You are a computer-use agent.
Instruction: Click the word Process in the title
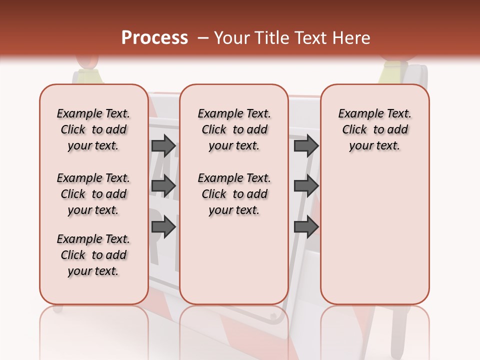(154, 37)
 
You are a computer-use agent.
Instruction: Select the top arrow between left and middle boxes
(163, 146)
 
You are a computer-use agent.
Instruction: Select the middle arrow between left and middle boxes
(163, 186)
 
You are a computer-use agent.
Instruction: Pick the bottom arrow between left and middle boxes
(163, 227)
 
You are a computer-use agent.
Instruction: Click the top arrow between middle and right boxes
(306, 146)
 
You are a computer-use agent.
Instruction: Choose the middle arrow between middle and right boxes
(306, 186)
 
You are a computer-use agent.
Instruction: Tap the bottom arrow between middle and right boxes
(306, 227)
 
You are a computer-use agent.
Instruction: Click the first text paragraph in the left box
(93, 129)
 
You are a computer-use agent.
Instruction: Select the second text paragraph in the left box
(93, 194)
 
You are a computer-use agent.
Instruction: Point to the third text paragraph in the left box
(93, 255)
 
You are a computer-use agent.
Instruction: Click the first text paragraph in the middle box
(234, 129)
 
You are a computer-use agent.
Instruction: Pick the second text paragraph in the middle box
(234, 194)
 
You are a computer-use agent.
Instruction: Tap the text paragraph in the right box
(375, 129)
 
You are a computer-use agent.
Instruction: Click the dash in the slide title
(203, 38)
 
